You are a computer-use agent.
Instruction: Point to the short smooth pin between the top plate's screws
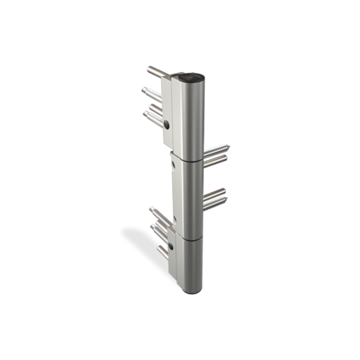(x=155, y=107)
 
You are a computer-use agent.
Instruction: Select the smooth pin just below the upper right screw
(x=215, y=160)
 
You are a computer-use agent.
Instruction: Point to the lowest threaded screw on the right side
(x=215, y=205)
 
